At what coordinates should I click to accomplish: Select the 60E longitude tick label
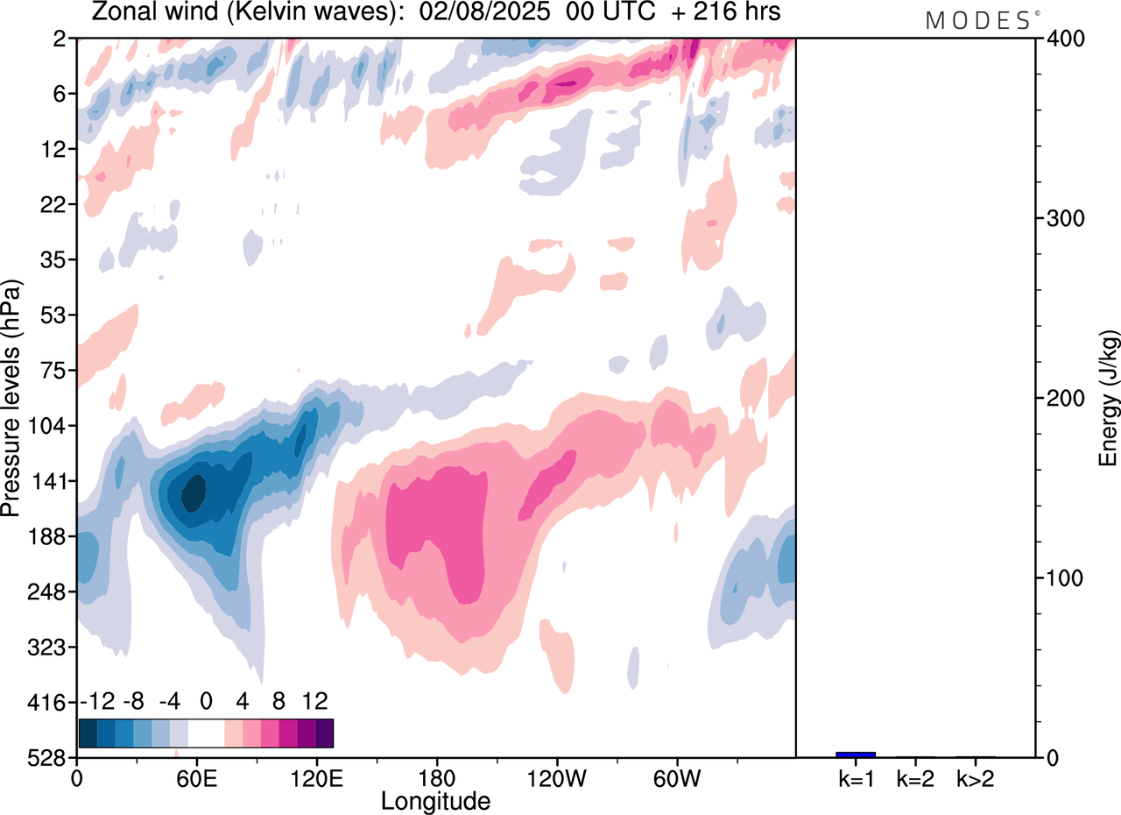[196, 778]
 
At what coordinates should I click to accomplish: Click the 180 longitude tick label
[436, 778]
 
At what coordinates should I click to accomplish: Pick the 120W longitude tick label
[557, 778]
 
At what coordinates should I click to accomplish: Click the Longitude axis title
[435, 800]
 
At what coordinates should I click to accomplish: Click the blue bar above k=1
[856, 755]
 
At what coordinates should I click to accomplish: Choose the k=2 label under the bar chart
[915, 778]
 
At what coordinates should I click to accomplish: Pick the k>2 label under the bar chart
[975, 778]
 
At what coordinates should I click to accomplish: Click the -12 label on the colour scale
[97, 701]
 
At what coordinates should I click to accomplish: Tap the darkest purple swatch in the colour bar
[324, 733]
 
